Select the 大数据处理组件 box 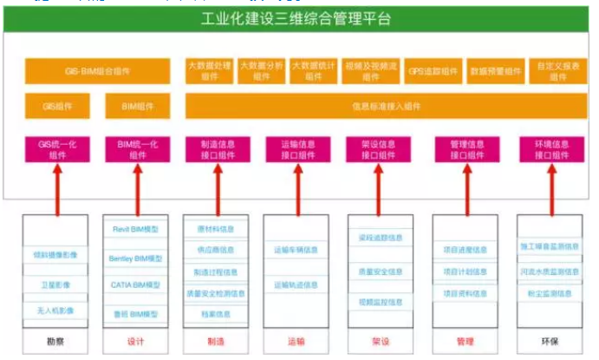point(208,70)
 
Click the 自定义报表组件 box point(557,70)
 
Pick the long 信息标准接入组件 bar point(386,107)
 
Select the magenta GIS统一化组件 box point(56,150)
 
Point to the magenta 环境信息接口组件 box point(550,150)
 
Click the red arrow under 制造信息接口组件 point(215,186)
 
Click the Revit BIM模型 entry point(135,229)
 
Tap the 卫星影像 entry point(56,284)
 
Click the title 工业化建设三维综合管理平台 point(296,17)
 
